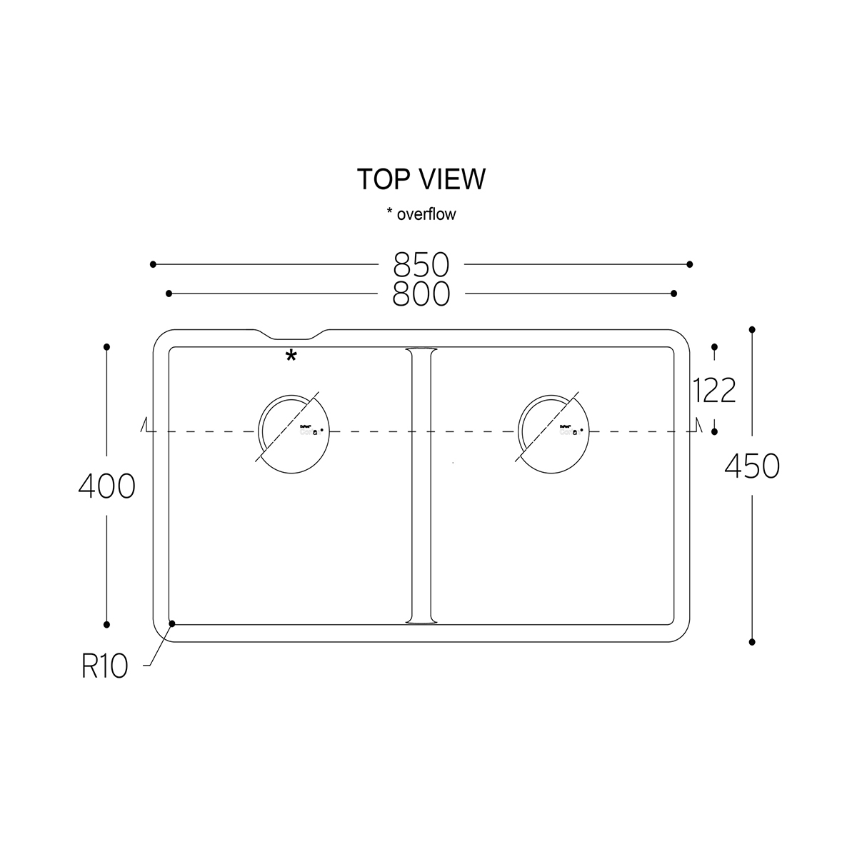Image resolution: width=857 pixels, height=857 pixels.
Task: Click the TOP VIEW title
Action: tap(421, 179)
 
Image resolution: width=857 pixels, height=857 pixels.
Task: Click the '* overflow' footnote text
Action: tap(421, 214)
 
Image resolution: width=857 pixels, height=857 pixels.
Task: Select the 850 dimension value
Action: tap(421, 265)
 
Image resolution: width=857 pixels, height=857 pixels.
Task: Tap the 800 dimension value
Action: tap(421, 294)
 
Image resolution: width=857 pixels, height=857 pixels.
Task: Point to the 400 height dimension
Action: tap(106, 487)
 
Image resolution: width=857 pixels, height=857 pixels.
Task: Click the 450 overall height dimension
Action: tap(752, 466)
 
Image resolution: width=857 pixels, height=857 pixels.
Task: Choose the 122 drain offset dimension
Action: tap(714, 391)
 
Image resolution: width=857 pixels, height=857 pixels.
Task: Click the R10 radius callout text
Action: tap(104, 666)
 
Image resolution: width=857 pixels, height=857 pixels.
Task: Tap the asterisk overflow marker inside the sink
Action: tap(291, 356)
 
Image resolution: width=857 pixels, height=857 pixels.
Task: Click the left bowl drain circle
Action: tap(294, 432)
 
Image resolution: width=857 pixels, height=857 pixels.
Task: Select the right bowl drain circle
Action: tap(554, 432)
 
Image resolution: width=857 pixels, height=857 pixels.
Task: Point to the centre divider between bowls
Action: tap(421, 486)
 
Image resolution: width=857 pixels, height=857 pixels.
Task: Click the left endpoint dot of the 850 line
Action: tap(153, 264)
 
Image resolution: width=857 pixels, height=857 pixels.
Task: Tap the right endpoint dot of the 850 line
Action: tap(689, 264)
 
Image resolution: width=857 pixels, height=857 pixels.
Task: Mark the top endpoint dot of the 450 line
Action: tap(752, 330)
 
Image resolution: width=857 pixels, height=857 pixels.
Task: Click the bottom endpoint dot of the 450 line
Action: tap(752, 642)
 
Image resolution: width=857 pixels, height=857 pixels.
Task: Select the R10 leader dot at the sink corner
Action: tap(172, 623)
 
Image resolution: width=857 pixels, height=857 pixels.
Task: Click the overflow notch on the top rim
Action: tap(289, 336)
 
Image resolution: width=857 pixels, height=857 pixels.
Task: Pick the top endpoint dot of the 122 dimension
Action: tap(715, 347)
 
